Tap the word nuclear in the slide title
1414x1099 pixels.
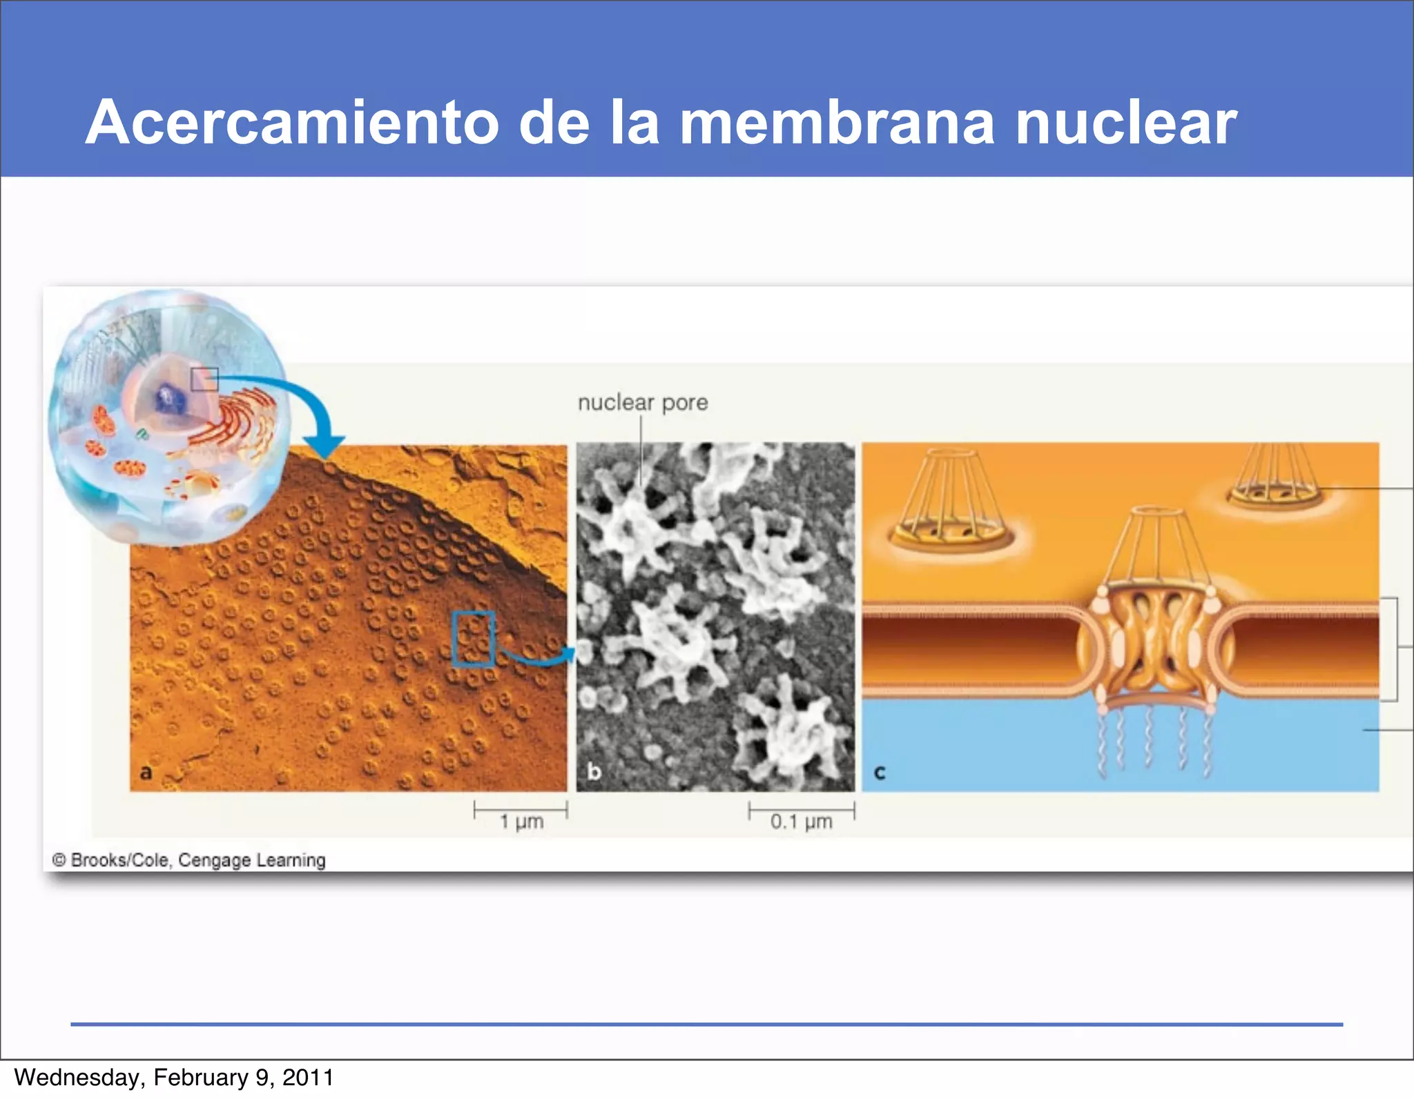tap(1126, 123)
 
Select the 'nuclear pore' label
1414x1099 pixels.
tap(642, 402)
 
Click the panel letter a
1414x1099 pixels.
tap(146, 772)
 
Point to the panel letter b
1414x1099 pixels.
tap(594, 771)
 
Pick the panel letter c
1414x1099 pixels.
tap(879, 772)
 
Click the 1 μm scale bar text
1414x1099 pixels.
tap(521, 821)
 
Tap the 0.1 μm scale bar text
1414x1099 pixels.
tap(801, 821)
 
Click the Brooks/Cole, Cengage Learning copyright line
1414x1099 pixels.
tap(188, 860)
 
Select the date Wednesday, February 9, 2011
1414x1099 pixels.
tap(173, 1078)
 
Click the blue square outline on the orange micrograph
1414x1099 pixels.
tap(473, 638)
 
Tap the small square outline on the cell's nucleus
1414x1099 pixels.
tap(204, 379)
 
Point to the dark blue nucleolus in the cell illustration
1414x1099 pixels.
tap(168, 399)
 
